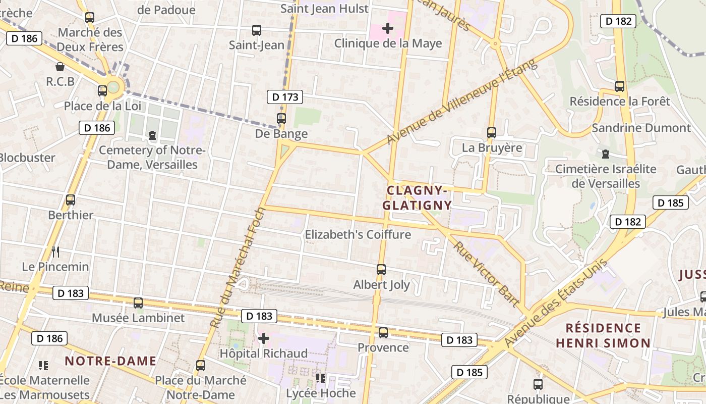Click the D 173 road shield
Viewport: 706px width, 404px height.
click(x=285, y=97)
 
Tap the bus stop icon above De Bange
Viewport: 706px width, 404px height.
click(x=281, y=119)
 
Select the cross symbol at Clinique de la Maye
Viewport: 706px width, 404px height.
click(x=388, y=28)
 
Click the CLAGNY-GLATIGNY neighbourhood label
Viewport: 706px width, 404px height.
click(x=417, y=198)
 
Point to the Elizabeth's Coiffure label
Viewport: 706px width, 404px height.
click(x=358, y=235)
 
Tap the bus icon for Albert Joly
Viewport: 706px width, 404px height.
click(x=381, y=270)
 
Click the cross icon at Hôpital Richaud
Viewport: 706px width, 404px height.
click(x=263, y=338)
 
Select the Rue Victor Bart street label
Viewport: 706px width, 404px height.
click(x=487, y=274)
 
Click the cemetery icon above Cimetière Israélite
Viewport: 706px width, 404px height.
click(x=606, y=154)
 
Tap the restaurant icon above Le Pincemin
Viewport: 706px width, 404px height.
click(x=55, y=251)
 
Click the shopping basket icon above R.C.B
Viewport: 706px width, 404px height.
click(x=60, y=67)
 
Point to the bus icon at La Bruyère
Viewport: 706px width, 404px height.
click(x=492, y=133)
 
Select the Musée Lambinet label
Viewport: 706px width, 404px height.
click(x=138, y=318)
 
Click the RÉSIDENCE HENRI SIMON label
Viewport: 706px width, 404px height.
click(x=603, y=336)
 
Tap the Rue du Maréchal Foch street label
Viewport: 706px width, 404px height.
click(x=238, y=267)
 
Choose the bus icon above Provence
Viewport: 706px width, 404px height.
click(x=383, y=333)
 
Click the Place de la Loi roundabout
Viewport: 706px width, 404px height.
click(x=113, y=87)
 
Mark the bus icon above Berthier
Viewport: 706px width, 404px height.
click(x=71, y=200)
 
